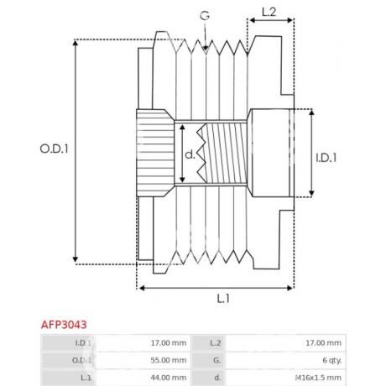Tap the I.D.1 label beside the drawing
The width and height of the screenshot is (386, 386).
(327, 156)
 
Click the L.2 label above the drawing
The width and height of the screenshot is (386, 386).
(269, 13)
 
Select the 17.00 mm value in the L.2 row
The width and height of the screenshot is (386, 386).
(323, 342)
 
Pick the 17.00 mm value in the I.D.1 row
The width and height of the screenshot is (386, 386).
(169, 342)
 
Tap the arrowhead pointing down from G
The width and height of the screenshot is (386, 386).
(206, 50)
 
